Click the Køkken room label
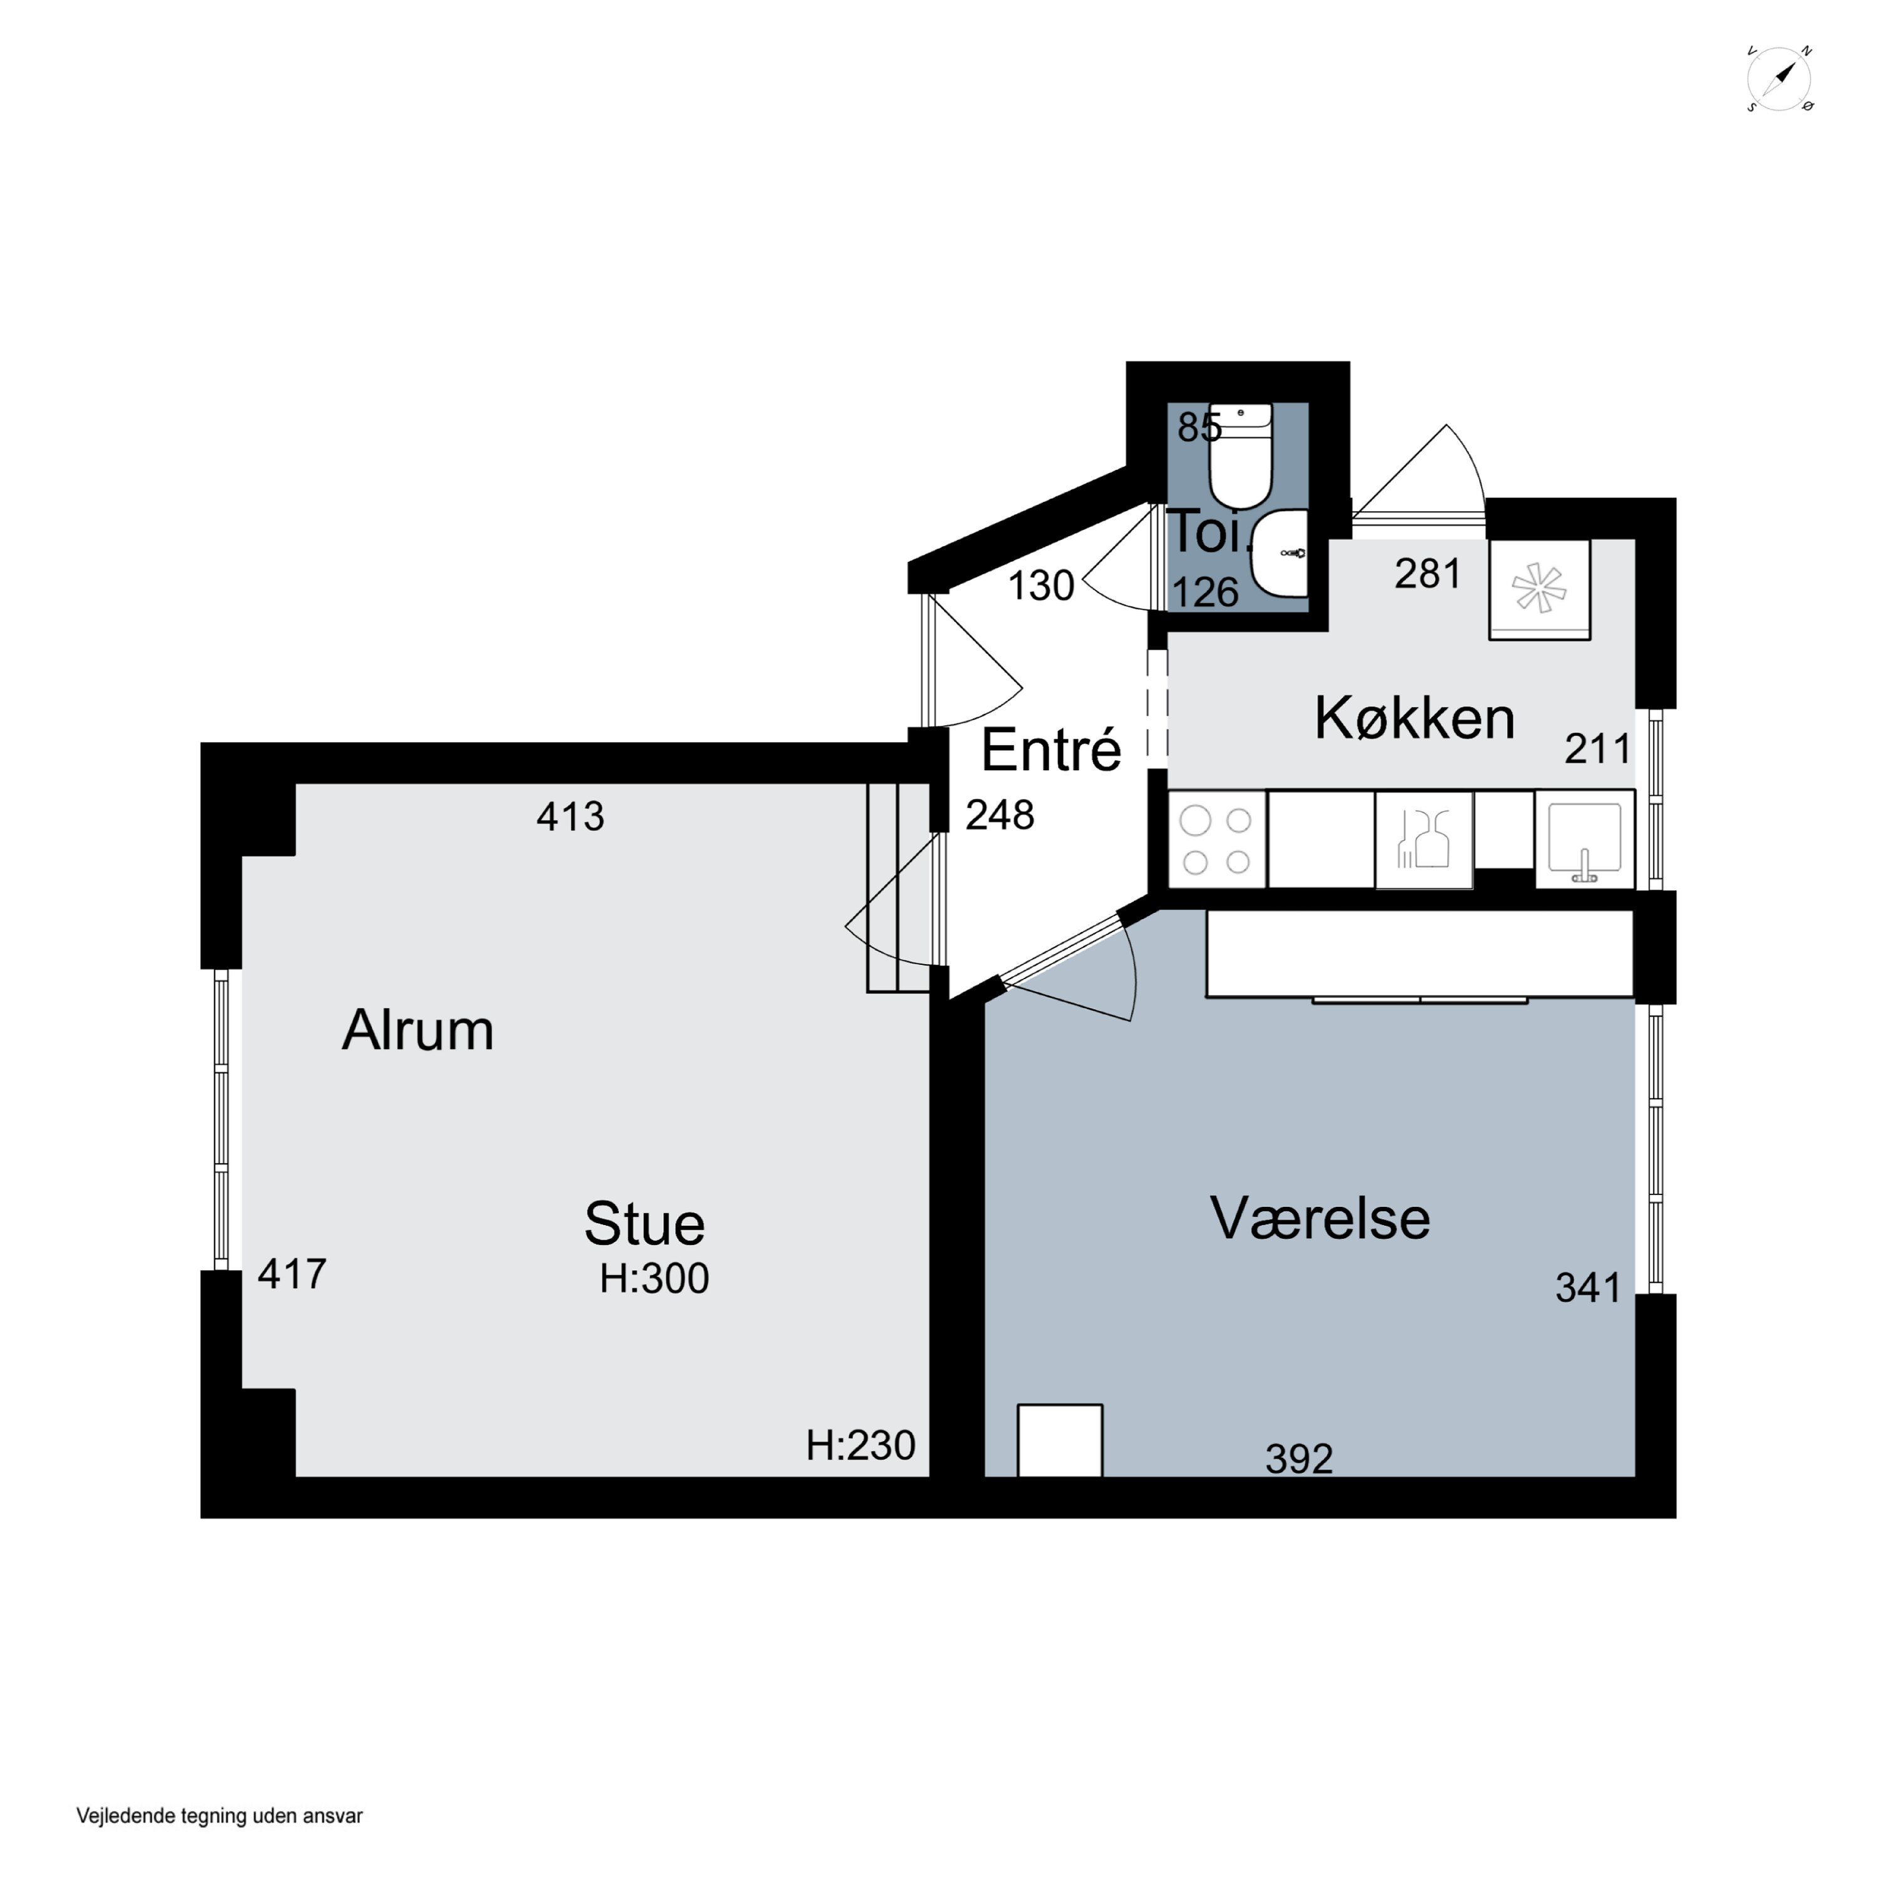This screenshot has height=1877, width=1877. (x=1415, y=720)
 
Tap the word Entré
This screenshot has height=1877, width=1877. (x=1051, y=750)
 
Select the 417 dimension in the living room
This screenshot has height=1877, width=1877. (x=292, y=1274)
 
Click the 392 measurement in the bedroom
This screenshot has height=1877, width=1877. (x=1299, y=1459)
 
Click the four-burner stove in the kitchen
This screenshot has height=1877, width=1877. (x=1216, y=840)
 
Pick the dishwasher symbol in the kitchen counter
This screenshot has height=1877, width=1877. (x=1424, y=840)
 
